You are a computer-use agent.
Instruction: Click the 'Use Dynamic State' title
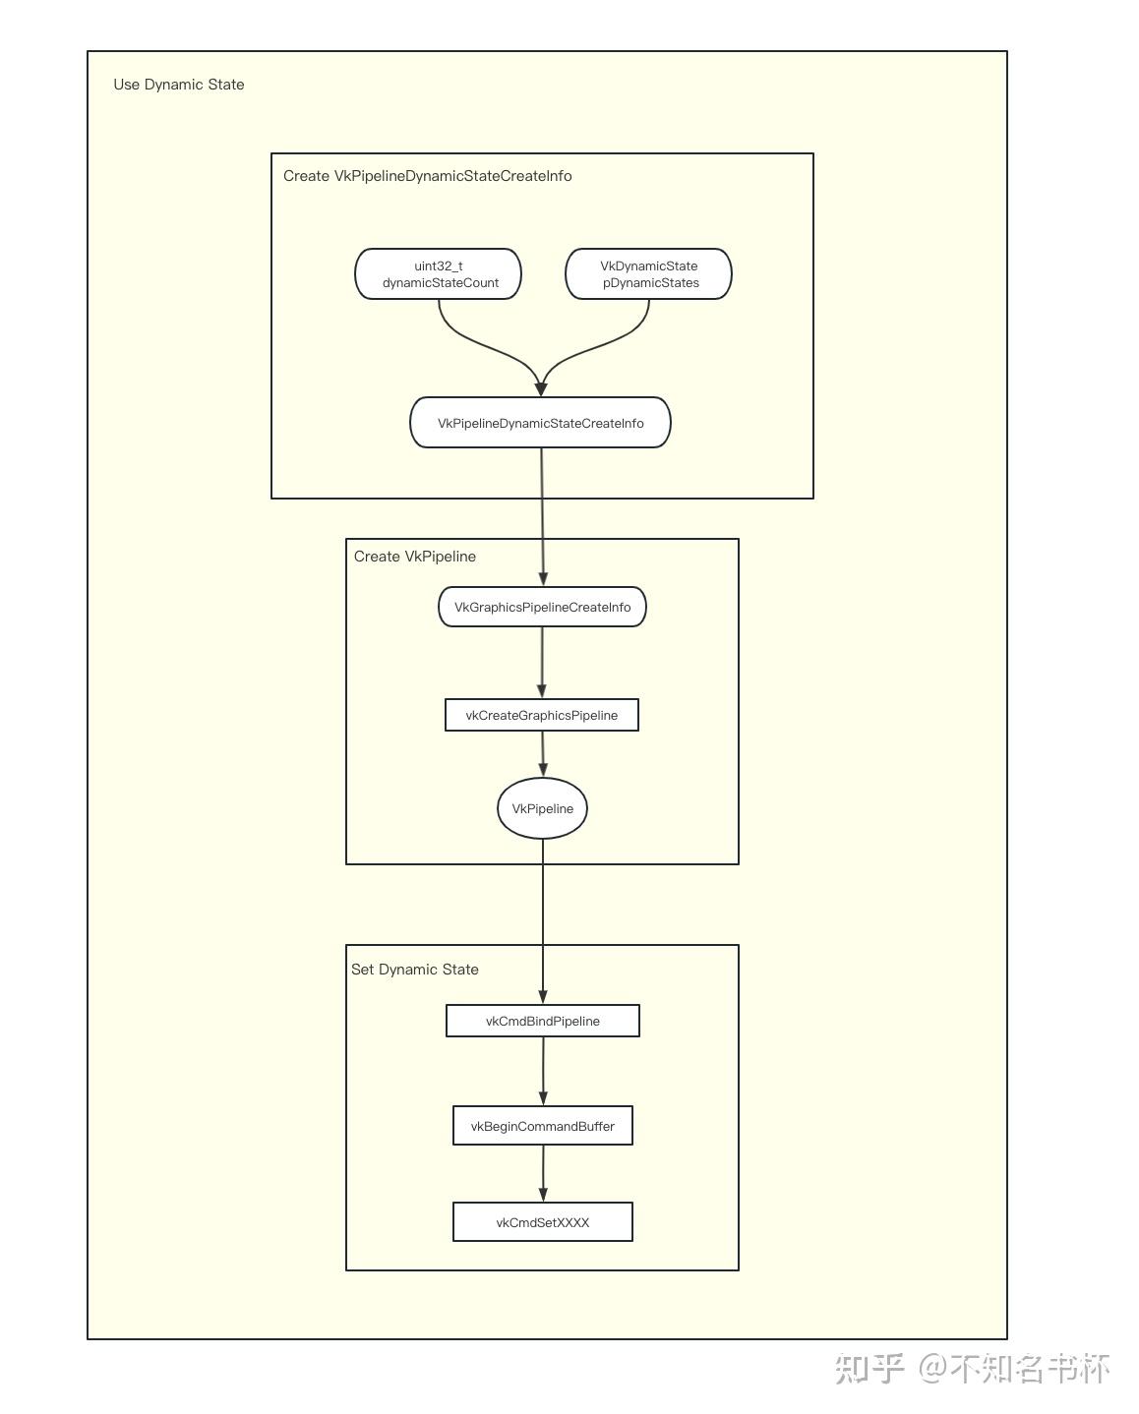(x=179, y=85)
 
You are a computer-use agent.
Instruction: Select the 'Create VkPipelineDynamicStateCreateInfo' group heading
(x=427, y=176)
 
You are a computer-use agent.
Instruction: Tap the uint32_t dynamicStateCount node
(x=439, y=274)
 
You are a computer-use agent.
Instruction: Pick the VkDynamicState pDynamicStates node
(x=649, y=274)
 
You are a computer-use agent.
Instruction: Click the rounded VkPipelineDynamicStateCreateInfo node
(x=540, y=423)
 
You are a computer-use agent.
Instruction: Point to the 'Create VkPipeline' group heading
(x=415, y=557)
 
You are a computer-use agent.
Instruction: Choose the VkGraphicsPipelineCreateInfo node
(x=542, y=607)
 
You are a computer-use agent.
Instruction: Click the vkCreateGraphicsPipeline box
(x=542, y=715)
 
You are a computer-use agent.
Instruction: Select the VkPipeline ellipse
(x=542, y=808)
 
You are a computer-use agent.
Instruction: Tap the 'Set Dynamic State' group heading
(x=415, y=970)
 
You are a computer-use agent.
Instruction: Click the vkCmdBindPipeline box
(x=543, y=1021)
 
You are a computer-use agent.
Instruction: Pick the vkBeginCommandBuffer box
(x=543, y=1126)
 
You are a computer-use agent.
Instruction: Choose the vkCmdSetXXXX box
(x=543, y=1223)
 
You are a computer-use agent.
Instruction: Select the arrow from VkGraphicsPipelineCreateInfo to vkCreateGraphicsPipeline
(x=542, y=663)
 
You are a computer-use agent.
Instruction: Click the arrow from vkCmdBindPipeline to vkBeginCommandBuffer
(x=543, y=1072)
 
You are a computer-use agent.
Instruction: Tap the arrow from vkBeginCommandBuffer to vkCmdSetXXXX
(x=543, y=1174)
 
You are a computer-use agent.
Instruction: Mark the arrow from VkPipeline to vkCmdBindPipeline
(x=543, y=922)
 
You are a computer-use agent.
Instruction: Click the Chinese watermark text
(x=972, y=1370)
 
